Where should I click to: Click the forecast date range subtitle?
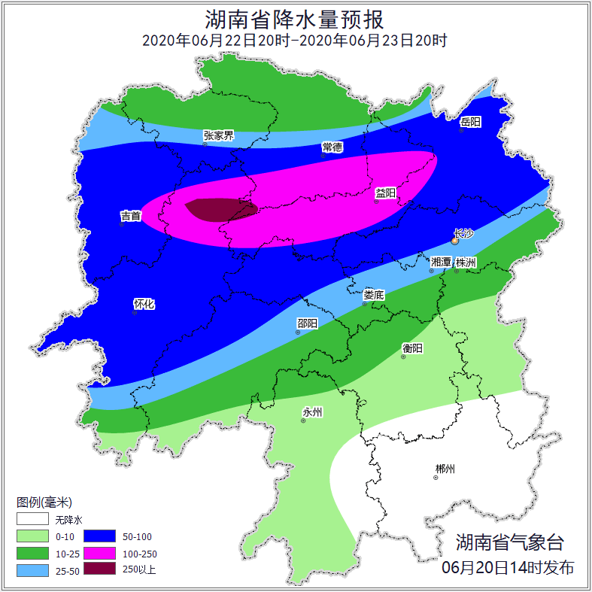295,41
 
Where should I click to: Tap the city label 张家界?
218,135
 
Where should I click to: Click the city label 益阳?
385,193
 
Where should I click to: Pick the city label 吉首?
130,216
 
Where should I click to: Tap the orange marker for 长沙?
454,241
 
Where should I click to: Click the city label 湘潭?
441,262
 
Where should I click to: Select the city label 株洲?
466,262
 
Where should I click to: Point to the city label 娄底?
373,295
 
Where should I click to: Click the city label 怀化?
144,304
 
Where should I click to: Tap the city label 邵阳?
307,323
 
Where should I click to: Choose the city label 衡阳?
412,348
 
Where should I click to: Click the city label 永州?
312,411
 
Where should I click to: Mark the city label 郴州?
445,469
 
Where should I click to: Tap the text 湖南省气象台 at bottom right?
509,542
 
